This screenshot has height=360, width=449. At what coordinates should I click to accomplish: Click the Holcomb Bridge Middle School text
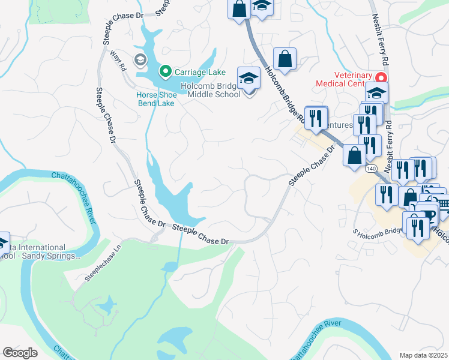pyautogui.click(x=214, y=90)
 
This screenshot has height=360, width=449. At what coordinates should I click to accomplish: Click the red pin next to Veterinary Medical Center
pyautogui.click(x=380, y=79)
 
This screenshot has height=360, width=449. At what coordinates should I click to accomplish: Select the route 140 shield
pyautogui.click(x=371, y=170)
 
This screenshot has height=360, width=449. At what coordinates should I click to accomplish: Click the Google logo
pyautogui.click(x=20, y=353)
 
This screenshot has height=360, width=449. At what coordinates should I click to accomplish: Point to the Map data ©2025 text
pyautogui.click(x=423, y=355)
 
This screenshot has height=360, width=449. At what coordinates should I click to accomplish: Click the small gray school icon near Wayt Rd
pyautogui.click(x=140, y=59)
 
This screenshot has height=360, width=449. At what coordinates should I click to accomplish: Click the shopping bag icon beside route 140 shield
pyautogui.click(x=354, y=154)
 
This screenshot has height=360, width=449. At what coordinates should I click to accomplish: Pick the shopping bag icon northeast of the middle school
pyautogui.click(x=285, y=59)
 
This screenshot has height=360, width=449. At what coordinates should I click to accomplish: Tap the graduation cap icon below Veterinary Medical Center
pyautogui.click(x=376, y=93)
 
